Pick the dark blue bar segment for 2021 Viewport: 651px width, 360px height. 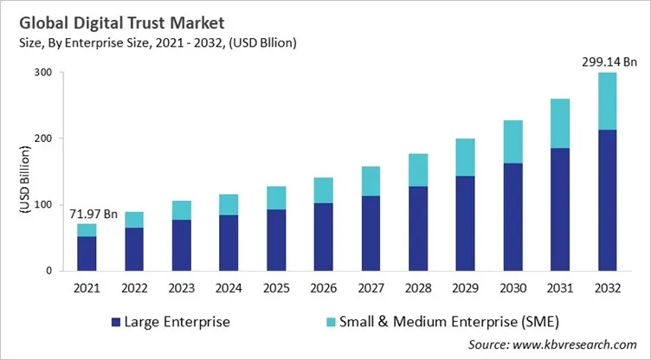[87, 253]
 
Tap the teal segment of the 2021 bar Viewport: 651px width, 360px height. [87, 229]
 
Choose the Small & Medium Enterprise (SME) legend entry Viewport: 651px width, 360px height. [423, 322]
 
